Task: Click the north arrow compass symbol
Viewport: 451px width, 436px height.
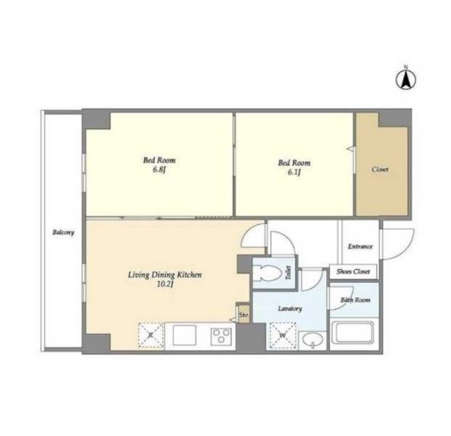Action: point(406,79)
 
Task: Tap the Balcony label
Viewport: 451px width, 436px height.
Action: point(63,232)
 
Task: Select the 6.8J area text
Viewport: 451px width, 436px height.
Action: point(159,169)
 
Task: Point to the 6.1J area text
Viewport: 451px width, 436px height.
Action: point(294,172)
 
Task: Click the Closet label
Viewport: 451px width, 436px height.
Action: point(380,169)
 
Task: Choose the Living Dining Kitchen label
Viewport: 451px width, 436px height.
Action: point(165,275)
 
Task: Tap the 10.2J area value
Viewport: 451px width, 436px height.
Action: point(165,284)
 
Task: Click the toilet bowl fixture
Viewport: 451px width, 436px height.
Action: point(269,272)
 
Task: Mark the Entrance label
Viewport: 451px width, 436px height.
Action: point(360,246)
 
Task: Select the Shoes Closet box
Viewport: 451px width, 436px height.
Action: point(353,271)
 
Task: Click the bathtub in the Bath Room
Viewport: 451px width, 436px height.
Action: point(353,332)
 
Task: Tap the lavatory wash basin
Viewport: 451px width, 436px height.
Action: point(312,340)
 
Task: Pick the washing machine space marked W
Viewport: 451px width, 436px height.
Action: point(283,335)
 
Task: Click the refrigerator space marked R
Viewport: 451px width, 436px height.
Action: point(151,335)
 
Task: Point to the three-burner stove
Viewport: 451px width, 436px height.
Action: point(221,336)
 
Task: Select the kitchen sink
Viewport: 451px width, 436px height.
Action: point(184,335)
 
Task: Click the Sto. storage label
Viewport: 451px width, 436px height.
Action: point(243,315)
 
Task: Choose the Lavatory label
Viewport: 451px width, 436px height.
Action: point(290,309)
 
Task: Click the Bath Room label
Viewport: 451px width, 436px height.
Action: point(355,300)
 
